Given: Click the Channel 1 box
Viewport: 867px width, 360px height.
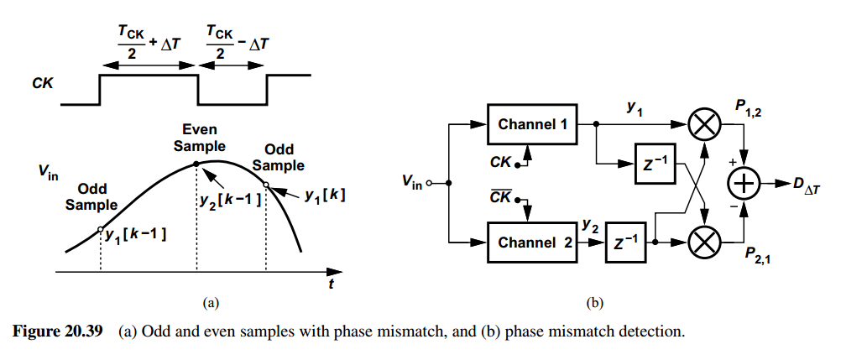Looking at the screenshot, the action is click(532, 124).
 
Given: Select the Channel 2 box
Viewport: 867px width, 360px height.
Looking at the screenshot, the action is click(532, 243).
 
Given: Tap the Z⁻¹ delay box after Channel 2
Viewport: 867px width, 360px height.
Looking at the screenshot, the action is click(625, 243).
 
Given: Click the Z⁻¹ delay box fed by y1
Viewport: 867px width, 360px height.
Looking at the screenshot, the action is click(655, 163).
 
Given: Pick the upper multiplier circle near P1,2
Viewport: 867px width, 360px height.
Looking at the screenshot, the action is click(705, 124).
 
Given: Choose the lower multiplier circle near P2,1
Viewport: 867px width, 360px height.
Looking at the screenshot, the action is click(705, 243).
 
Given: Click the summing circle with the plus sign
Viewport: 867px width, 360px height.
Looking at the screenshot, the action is click(744, 183).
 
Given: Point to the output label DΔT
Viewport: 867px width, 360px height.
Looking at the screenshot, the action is click(807, 185).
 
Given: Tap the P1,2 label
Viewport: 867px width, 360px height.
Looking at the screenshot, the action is click(750, 111).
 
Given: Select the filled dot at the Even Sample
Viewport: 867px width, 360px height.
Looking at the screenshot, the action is click(197, 164).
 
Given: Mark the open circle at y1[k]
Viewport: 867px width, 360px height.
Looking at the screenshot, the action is click(266, 185).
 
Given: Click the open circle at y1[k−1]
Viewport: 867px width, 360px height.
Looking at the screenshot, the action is click(100, 228).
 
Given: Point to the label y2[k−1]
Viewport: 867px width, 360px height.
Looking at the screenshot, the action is click(231, 200).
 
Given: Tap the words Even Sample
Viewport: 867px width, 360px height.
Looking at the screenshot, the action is click(200, 138).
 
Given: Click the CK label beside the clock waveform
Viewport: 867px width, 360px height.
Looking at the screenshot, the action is click(44, 85).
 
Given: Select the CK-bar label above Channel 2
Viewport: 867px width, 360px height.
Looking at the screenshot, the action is click(500, 196).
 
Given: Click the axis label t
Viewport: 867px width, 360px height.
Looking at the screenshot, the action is click(331, 285).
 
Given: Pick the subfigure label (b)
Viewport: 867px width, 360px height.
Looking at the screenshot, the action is click(594, 303).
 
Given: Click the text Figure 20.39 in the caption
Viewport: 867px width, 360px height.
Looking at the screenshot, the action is click(58, 331).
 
